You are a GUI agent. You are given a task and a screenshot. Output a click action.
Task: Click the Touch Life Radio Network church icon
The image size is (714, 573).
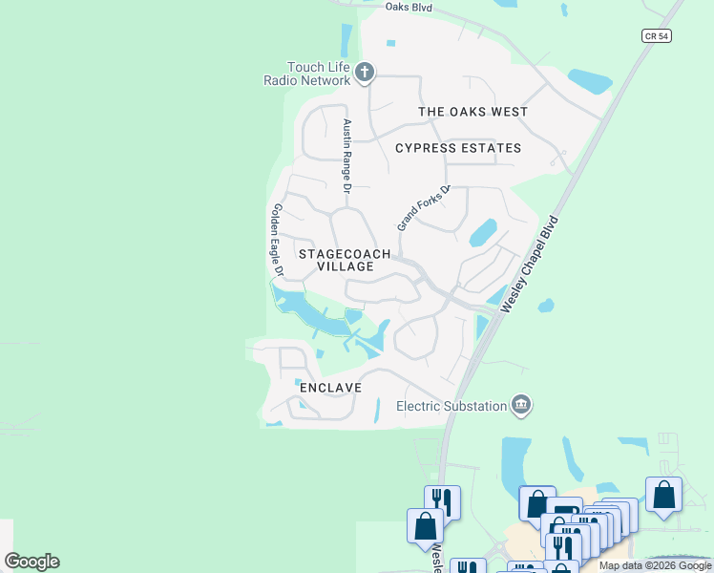[x=364, y=72]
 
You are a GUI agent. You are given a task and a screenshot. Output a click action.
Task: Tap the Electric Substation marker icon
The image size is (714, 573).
[x=521, y=405]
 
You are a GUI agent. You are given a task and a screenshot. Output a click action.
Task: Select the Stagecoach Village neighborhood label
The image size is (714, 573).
[x=345, y=260]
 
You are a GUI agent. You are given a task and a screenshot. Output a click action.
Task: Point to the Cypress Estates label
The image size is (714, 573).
[x=458, y=148]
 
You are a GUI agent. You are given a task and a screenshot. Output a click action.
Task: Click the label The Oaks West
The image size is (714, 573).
[x=472, y=112]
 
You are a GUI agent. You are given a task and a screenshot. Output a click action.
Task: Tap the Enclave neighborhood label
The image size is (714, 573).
[x=330, y=388]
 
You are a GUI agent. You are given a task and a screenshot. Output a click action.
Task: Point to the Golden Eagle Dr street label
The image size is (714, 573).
[x=277, y=240]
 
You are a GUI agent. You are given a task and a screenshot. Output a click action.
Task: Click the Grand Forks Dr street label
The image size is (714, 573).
[x=422, y=207]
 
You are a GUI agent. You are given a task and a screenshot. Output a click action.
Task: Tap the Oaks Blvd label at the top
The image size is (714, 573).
[x=409, y=8]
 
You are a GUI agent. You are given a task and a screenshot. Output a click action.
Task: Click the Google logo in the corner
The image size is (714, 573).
[x=31, y=562]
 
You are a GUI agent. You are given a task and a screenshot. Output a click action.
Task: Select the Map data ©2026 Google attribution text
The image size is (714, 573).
[x=655, y=565]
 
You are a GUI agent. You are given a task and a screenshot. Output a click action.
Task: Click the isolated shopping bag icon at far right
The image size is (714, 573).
[x=663, y=496]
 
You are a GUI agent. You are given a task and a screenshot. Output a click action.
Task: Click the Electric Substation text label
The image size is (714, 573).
[x=451, y=406]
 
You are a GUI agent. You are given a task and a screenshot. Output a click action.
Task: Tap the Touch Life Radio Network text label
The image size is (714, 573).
[x=307, y=74]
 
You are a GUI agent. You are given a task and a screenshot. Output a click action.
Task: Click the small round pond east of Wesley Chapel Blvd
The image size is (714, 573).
[x=545, y=307]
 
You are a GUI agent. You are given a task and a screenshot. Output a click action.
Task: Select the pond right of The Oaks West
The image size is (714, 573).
[x=588, y=80]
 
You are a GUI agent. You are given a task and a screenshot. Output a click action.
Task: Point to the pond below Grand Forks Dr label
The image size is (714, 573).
[x=482, y=232]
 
